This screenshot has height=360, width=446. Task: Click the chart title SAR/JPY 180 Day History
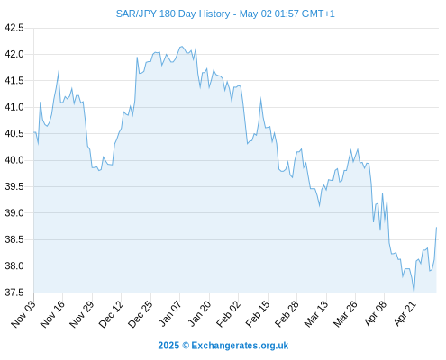click(173, 13)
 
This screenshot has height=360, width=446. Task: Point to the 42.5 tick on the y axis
click(14, 28)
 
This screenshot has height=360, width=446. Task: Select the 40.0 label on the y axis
click(14, 160)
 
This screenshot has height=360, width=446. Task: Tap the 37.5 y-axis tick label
click(14, 292)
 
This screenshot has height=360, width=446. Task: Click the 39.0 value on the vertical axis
click(14, 213)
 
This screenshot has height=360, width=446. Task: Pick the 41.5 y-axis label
click(14, 81)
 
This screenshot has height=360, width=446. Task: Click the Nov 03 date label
click(23, 314)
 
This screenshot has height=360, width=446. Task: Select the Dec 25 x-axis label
click(141, 314)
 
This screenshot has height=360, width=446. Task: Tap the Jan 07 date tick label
click(170, 314)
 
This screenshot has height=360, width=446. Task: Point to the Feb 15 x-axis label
click(258, 314)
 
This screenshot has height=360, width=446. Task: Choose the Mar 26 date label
click(345, 314)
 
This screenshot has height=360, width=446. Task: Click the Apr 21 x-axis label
click(405, 314)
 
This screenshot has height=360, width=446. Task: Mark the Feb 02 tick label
click(228, 314)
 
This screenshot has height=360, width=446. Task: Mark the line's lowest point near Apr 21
click(414, 292)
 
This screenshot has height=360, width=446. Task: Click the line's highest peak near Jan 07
click(181, 47)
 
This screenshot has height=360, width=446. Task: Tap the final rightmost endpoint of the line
click(436, 228)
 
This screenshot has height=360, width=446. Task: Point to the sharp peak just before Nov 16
click(59, 73)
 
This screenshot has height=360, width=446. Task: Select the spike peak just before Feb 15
click(260, 99)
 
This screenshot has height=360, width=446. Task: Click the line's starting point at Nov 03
click(34, 132)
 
